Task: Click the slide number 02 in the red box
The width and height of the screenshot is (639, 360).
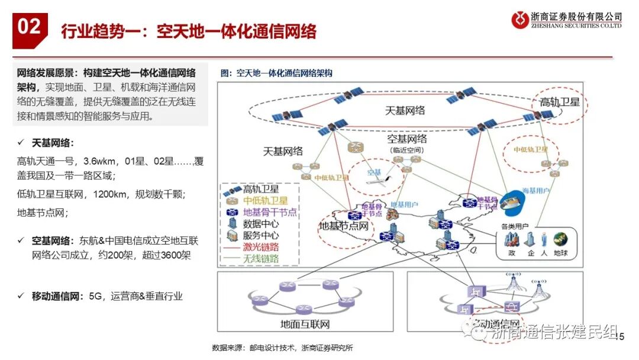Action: tap(29, 28)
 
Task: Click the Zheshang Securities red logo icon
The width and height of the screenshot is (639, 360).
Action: tap(520, 20)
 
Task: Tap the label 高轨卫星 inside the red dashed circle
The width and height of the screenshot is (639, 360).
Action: tap(559, 102)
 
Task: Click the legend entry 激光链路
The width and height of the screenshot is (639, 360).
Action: tap(261, 247)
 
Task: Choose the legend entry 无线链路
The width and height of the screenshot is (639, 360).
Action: tap(261, 259)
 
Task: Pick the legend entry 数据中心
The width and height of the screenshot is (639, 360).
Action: tap(261, 224)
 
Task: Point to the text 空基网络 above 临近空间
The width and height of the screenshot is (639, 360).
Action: tap(406, 139)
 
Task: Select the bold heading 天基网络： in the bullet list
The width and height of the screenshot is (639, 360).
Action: tap(53, 143)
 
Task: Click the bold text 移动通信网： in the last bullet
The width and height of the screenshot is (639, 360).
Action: tap(57, 295)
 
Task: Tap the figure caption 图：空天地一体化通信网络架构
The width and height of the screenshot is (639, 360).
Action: tap(276, 73)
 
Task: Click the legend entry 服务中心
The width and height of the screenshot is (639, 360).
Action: tap(261, 235)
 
